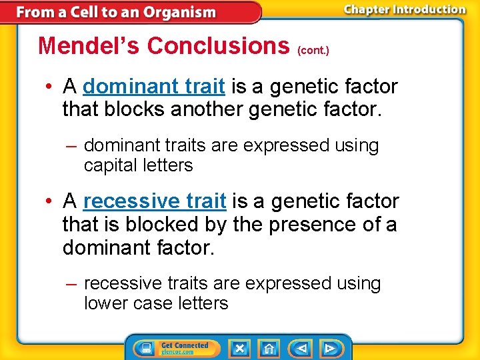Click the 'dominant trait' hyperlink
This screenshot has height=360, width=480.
154,87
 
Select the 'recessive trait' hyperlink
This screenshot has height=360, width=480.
155,201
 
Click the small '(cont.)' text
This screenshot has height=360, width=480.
313,50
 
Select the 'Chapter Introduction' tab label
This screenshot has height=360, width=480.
404,9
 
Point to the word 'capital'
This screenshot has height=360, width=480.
111,165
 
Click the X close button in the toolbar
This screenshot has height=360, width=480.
239,348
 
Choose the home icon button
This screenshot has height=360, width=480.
269,348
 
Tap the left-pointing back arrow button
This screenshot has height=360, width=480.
301,348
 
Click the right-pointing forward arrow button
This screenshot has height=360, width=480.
330,348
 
